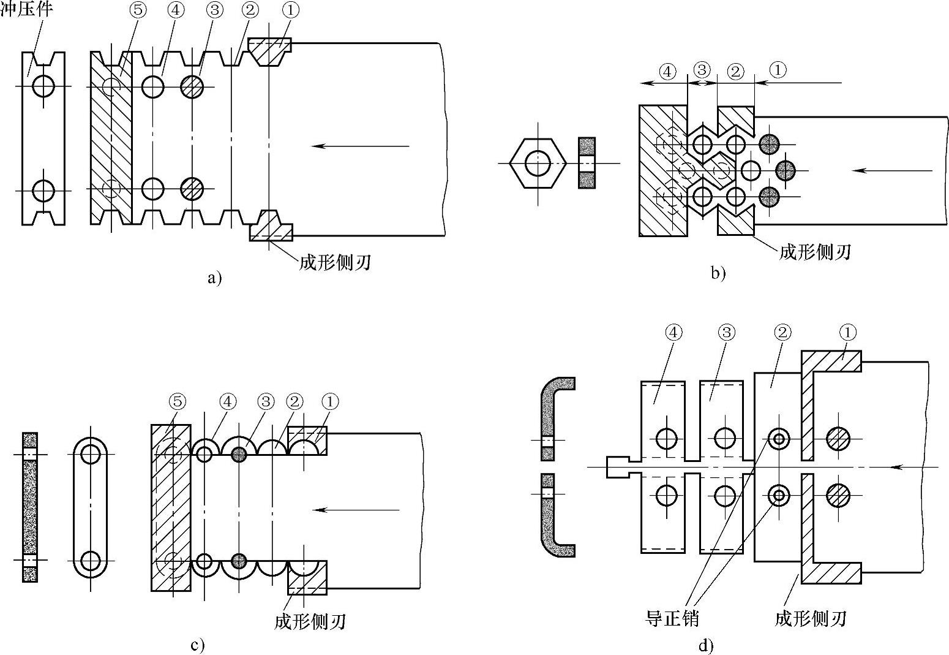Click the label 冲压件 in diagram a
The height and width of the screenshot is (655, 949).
(26, 9)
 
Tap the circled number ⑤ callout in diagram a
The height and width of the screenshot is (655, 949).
(138, 10)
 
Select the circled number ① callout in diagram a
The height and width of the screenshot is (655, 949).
(291, 10)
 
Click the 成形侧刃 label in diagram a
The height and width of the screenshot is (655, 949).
(335, 263)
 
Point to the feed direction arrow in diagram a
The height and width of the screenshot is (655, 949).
(360, 146)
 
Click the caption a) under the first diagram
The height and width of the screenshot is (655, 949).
(215, 278)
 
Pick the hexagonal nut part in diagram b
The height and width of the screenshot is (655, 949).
(538, 163)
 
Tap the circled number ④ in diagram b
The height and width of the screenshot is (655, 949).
(668, 71)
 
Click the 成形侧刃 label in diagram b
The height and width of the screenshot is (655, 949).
(815, 252)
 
